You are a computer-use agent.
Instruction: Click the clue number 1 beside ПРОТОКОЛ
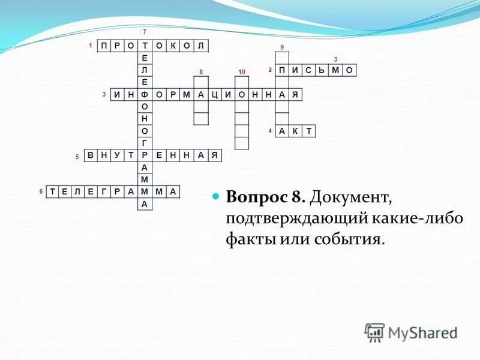90,46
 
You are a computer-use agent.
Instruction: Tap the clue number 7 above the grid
144,31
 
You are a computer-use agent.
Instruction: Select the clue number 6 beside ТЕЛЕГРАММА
41,192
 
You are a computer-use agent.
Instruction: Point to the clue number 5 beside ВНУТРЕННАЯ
77,157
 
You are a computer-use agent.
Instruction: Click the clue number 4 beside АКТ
270,131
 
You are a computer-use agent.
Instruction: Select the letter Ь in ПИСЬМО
323,70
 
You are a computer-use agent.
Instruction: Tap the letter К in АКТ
295,131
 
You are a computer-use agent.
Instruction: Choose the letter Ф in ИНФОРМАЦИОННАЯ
145,95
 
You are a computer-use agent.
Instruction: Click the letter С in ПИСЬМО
309,70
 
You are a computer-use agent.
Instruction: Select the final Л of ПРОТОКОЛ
200,46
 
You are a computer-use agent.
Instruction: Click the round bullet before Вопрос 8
217,197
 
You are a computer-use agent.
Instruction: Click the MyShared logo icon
374,332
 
